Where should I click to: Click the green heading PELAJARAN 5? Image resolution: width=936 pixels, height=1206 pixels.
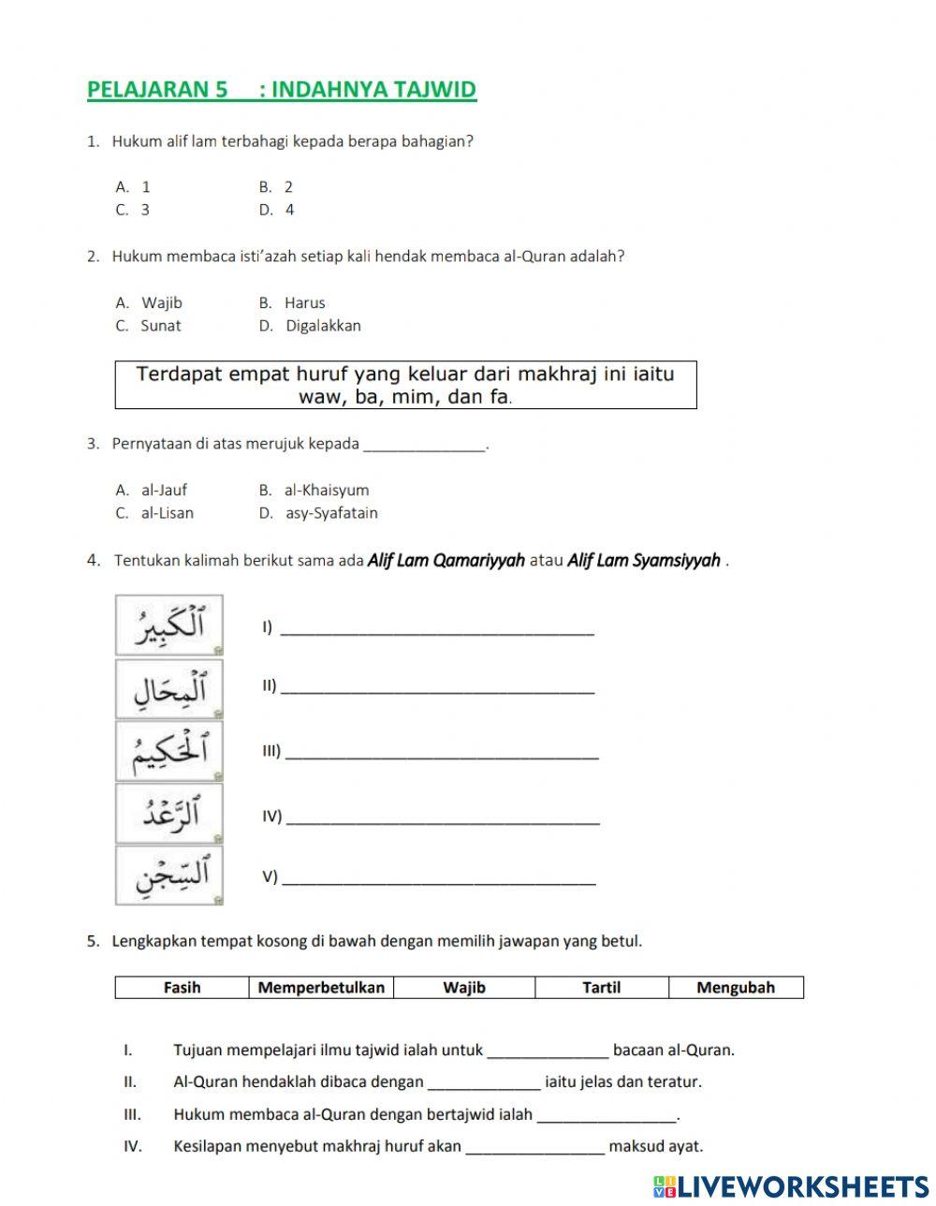(281, 90)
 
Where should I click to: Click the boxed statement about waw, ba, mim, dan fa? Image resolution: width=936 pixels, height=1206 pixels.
(405, 385)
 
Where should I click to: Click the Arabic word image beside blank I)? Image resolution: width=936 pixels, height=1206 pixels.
(169, 625)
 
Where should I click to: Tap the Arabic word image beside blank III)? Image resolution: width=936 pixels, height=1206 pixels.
(169, 751)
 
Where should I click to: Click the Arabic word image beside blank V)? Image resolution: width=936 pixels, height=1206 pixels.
(169, 875)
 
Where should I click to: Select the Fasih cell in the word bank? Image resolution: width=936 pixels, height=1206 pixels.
(182, 987)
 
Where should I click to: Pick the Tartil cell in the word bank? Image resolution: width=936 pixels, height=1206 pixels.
(601, 987)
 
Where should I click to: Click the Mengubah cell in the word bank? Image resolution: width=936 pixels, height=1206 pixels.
(736, 987)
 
